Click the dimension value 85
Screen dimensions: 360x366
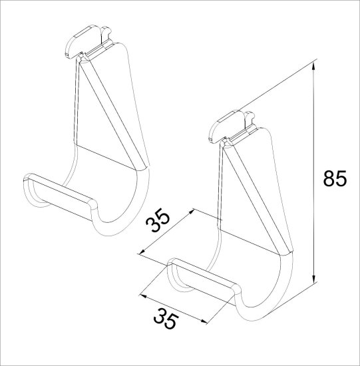point(335,178)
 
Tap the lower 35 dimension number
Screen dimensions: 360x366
point(166,318)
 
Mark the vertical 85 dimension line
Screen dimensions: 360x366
point(314,173)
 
